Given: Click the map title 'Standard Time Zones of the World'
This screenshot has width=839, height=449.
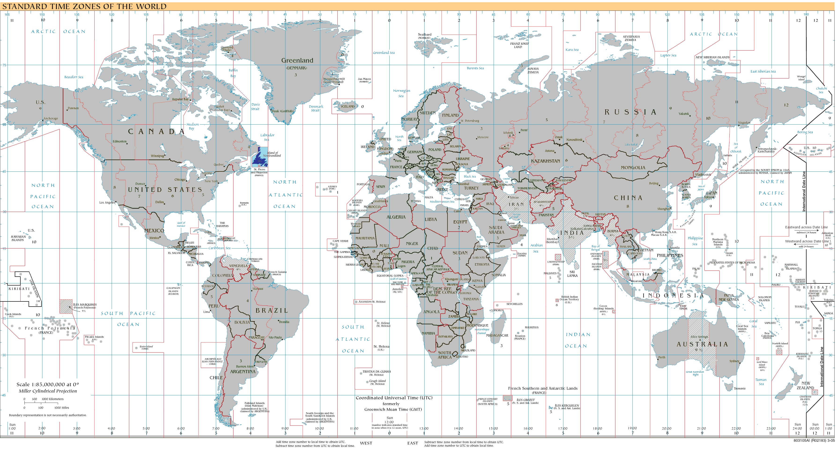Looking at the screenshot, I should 84,6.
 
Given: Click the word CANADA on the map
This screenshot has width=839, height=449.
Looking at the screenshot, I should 157,132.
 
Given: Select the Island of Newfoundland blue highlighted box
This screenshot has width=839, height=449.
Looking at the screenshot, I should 260,157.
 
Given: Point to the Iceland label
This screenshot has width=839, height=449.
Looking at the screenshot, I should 347,107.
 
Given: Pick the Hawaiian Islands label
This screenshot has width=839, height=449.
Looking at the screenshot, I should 18,238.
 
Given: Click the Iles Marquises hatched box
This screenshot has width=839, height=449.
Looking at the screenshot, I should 66,307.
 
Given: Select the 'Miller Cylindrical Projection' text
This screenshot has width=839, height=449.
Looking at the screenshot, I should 48,391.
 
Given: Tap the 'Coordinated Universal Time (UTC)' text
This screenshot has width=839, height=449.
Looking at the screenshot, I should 394,398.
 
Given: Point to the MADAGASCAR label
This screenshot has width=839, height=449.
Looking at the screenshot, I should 497,335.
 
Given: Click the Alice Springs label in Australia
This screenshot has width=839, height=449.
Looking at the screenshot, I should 699,337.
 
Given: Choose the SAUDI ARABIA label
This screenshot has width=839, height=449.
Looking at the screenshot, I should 496,230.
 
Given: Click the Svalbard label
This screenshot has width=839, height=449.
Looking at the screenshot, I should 424,34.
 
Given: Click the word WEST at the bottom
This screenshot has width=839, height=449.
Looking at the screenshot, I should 366,443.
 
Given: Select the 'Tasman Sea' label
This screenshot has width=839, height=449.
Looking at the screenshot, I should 761,382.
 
